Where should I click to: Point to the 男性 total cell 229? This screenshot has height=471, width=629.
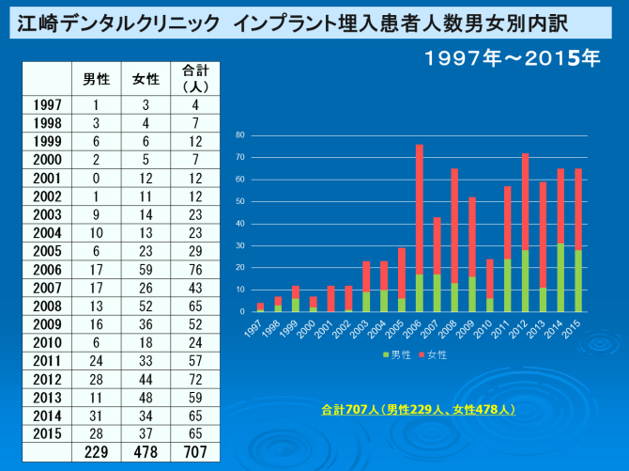(x=96, y=452)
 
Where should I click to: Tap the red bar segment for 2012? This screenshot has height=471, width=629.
(x=526, y=201)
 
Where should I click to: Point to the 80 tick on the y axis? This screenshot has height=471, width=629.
(x=240, y=135)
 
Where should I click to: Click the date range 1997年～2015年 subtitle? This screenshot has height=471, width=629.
(x=513, y=57)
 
